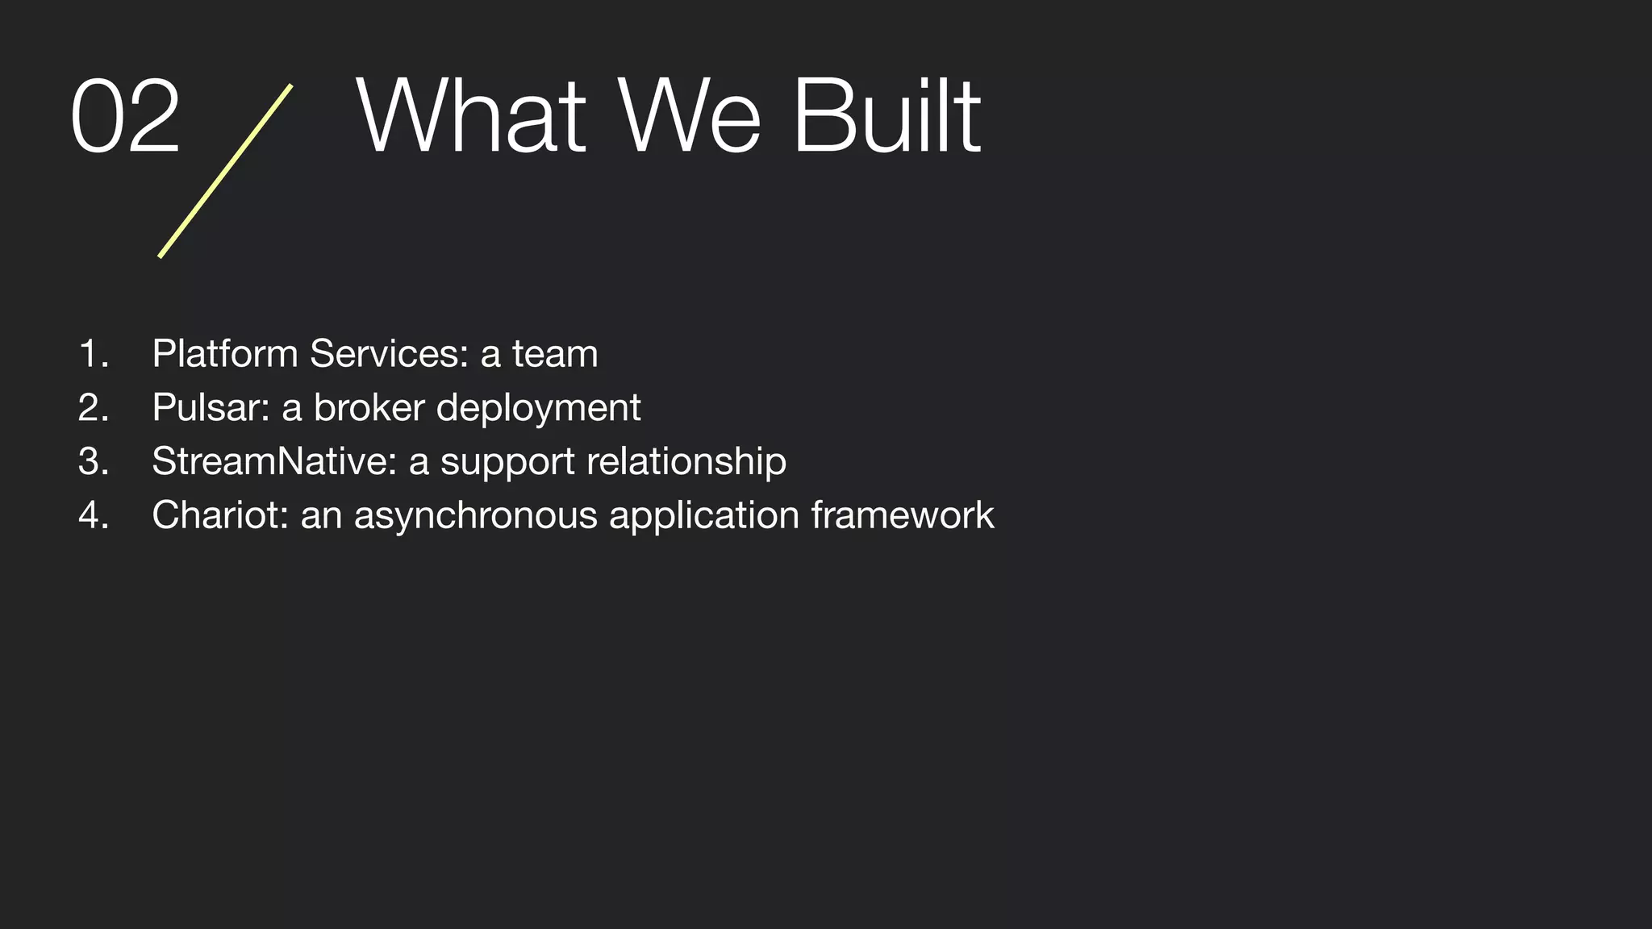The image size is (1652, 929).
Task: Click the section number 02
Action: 125,117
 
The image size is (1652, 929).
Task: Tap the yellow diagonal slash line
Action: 225,171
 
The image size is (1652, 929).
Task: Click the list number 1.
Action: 94,354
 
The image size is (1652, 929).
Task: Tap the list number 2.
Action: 94,407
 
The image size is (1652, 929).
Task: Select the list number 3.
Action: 94,461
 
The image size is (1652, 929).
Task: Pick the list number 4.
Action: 94,515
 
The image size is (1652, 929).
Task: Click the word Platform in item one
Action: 225,354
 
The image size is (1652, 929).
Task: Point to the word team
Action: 555,354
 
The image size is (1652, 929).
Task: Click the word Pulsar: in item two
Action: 211,407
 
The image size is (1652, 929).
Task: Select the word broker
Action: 369,407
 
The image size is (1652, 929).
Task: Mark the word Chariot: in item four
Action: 220,515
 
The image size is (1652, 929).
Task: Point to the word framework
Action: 903,515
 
